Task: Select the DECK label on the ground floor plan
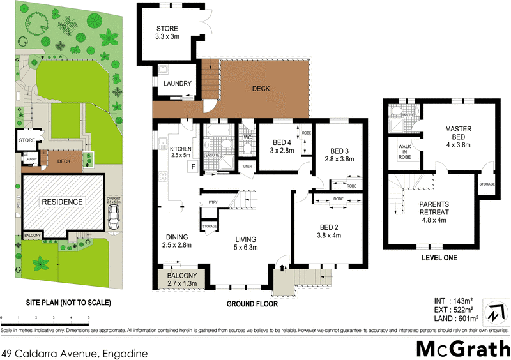[x=262, y=89]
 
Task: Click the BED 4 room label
[x=283, y=146]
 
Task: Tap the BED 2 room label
[x=330, y=230]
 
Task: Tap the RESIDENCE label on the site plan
[x=63, y=202]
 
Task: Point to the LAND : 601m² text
[x=455, y=319]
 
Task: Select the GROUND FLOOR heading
[x=252, y=304]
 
